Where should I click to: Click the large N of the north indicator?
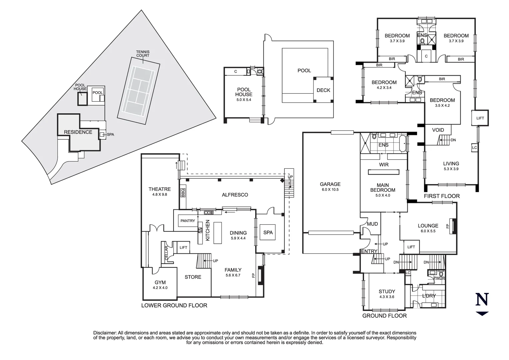click(482, 299)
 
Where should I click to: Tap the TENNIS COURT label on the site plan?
click(143, 54)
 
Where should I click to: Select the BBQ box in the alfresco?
click(183, 193)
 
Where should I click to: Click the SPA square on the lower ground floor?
click(268, 232)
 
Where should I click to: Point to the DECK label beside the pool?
click(323, 90)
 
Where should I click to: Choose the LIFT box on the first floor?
click(480, 118)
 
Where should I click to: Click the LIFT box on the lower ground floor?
click(183, 247)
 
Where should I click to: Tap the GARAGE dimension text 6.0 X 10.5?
click(330, 190)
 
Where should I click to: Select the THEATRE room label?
click(160, 189)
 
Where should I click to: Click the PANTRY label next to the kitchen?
click(188, 221)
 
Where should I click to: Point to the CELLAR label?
click(167, 253)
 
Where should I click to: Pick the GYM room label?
click(160, 282)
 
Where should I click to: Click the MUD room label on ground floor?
click(372, 224)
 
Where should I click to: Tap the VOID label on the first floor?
click(438, 130)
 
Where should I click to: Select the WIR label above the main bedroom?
click(384, 165)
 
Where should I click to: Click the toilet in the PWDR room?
click(441, 273)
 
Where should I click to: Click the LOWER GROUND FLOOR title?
click(174, 305)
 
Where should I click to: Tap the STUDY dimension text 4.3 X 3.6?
click(387, 297)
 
